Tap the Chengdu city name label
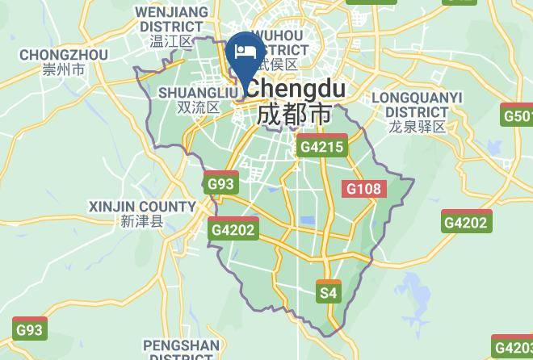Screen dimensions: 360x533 tap(296, 89)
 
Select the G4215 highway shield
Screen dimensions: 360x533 tap(321, 147)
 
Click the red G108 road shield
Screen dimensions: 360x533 tap(363, 189)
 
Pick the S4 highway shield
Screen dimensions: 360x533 tap(328, 292)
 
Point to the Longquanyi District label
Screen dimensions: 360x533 tap(417, 104)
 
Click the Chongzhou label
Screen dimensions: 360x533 tap(64, 55)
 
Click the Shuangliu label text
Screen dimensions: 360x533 tap(189, 93)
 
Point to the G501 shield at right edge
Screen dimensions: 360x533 tap(518, 115)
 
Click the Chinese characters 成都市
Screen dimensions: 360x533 tap(294, 114)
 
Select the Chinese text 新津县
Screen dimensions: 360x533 tap(141, 221)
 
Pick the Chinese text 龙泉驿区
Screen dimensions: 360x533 tap(417, 127)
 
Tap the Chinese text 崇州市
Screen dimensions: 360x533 tap(64, 70)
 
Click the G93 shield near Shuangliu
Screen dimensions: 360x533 tap(220, 183)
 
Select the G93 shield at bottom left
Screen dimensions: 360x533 tap(30, 329)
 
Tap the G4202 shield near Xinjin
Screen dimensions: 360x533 tap(233, 229)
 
